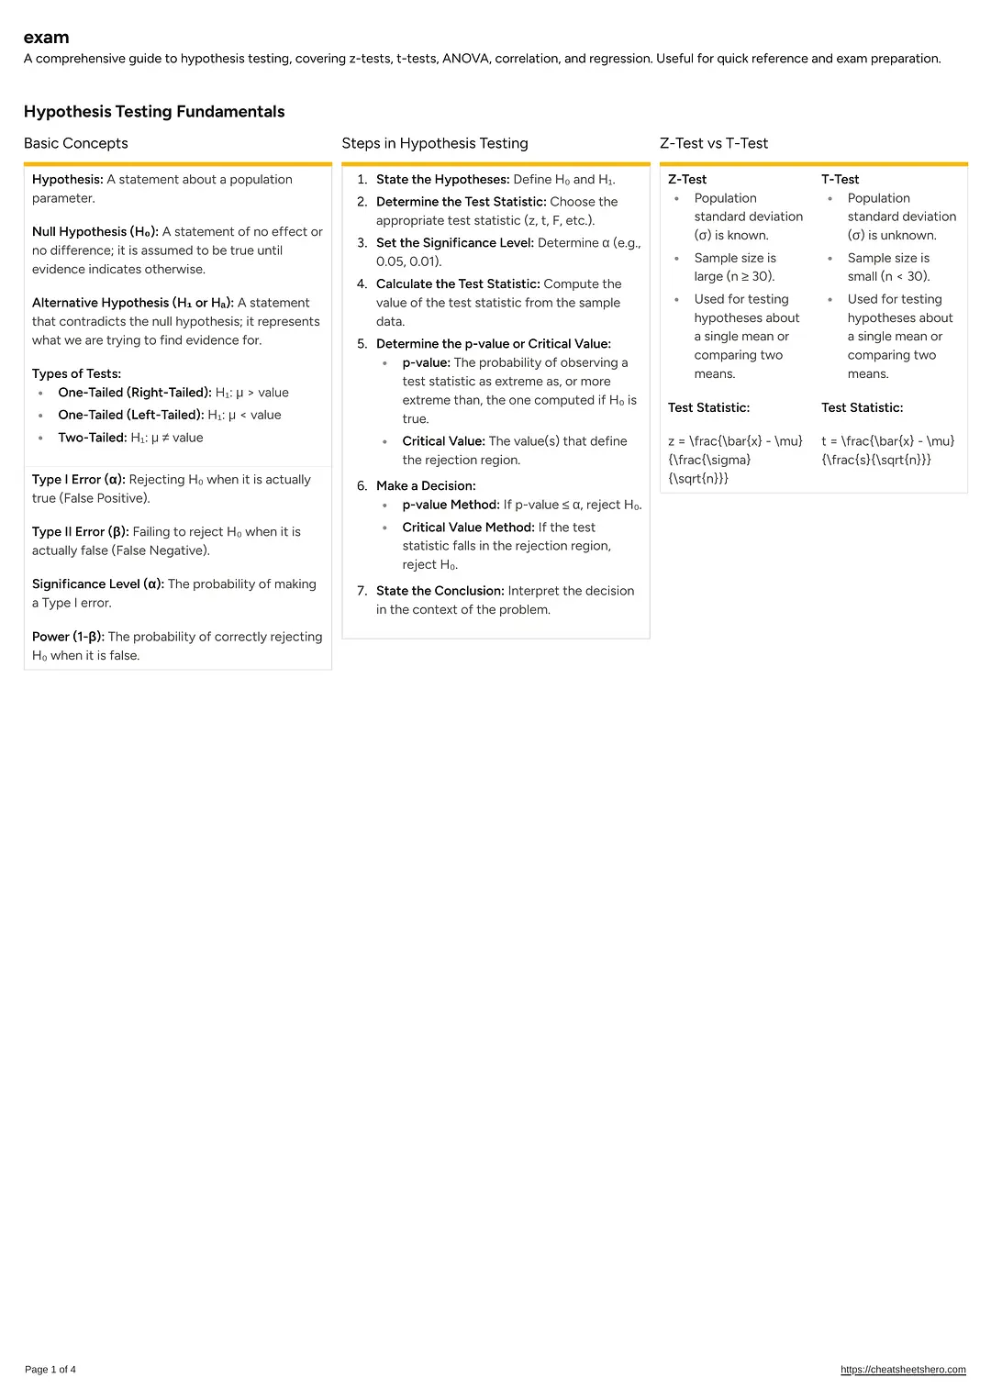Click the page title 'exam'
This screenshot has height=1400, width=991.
(46, 38)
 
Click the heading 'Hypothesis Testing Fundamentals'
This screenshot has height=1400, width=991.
(154, 112)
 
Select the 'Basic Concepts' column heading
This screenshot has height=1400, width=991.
(76, 143)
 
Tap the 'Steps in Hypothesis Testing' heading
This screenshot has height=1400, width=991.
(435, 143)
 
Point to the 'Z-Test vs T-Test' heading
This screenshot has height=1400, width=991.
(714, 143)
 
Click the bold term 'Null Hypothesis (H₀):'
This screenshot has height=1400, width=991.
(95, 232)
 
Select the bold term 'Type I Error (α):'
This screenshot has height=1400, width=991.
(79, 480)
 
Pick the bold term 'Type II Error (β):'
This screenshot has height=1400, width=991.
(81, 532)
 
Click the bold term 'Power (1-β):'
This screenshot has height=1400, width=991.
(68, 637)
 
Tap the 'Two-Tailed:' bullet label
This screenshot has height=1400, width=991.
(93, 438)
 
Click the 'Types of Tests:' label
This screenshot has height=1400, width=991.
(76, 374)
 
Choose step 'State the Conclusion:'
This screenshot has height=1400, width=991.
(440, 591)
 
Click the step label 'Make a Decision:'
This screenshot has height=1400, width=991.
(426, 486)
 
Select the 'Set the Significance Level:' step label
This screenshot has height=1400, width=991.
(455, 243)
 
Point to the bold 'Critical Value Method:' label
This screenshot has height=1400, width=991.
(468, 528)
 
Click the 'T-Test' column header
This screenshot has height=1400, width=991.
(840, 180)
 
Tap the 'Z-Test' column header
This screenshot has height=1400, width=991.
(687, 180)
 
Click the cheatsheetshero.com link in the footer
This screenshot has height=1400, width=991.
(903, 1370)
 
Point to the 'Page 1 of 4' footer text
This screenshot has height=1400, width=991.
(50, 1370)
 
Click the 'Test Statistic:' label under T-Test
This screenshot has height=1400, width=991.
(862, 408)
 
